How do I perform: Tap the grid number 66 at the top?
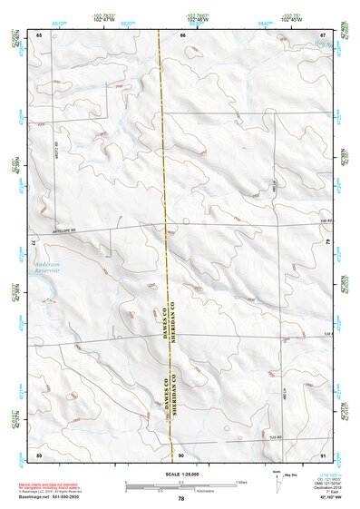pyautogui.click(x=181, y=34)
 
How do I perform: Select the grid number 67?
pyautogui.click(x=323, y=34)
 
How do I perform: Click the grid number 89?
pyautogui.click(x=40, y=454)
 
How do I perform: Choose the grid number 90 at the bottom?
pyautogui.click(x=181, y=454)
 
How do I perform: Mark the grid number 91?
pyautogui.click(x=323, y=454)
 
